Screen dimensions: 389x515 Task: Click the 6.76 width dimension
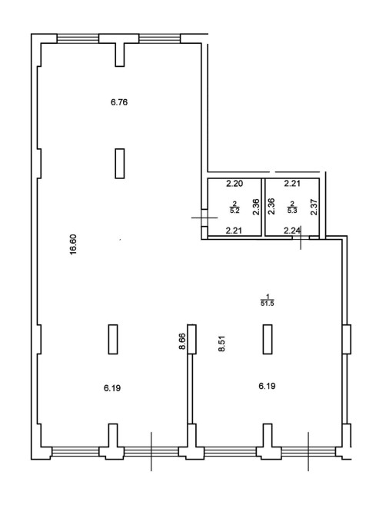[x=119, y=102]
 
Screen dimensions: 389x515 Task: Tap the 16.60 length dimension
[x=72, y=244]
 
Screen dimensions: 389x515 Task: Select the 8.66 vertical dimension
[x=182, y=341]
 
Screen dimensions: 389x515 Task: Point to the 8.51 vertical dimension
[x=221, y=344]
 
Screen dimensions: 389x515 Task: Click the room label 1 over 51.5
[x=267, y=301]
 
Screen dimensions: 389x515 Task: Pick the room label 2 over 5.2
[x=234, y=208]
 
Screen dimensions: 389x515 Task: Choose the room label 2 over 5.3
[x=292, y=208]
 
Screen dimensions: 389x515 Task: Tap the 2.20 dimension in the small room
[x=234, y=184]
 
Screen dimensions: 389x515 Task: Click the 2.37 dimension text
[x=314, y=208]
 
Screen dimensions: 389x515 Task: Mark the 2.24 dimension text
[x=292, y=231]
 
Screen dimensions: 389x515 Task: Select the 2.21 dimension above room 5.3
[x=292, y=183]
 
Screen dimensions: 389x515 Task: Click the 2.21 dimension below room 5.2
[x=234, y=231]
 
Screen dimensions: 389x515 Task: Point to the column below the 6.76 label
[x=120, y=164]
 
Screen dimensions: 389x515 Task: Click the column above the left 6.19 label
[x=113, y=339]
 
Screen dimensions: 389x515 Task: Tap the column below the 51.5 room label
[x=268, y=339]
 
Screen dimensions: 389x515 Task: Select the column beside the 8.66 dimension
[x=192, y=339]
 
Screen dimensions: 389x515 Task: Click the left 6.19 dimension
[x=112, y=388]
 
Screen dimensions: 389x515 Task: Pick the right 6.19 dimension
[x=267, y=386]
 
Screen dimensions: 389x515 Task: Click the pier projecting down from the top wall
[x=120, y=55]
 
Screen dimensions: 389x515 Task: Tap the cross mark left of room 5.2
[x=204, y=218]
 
